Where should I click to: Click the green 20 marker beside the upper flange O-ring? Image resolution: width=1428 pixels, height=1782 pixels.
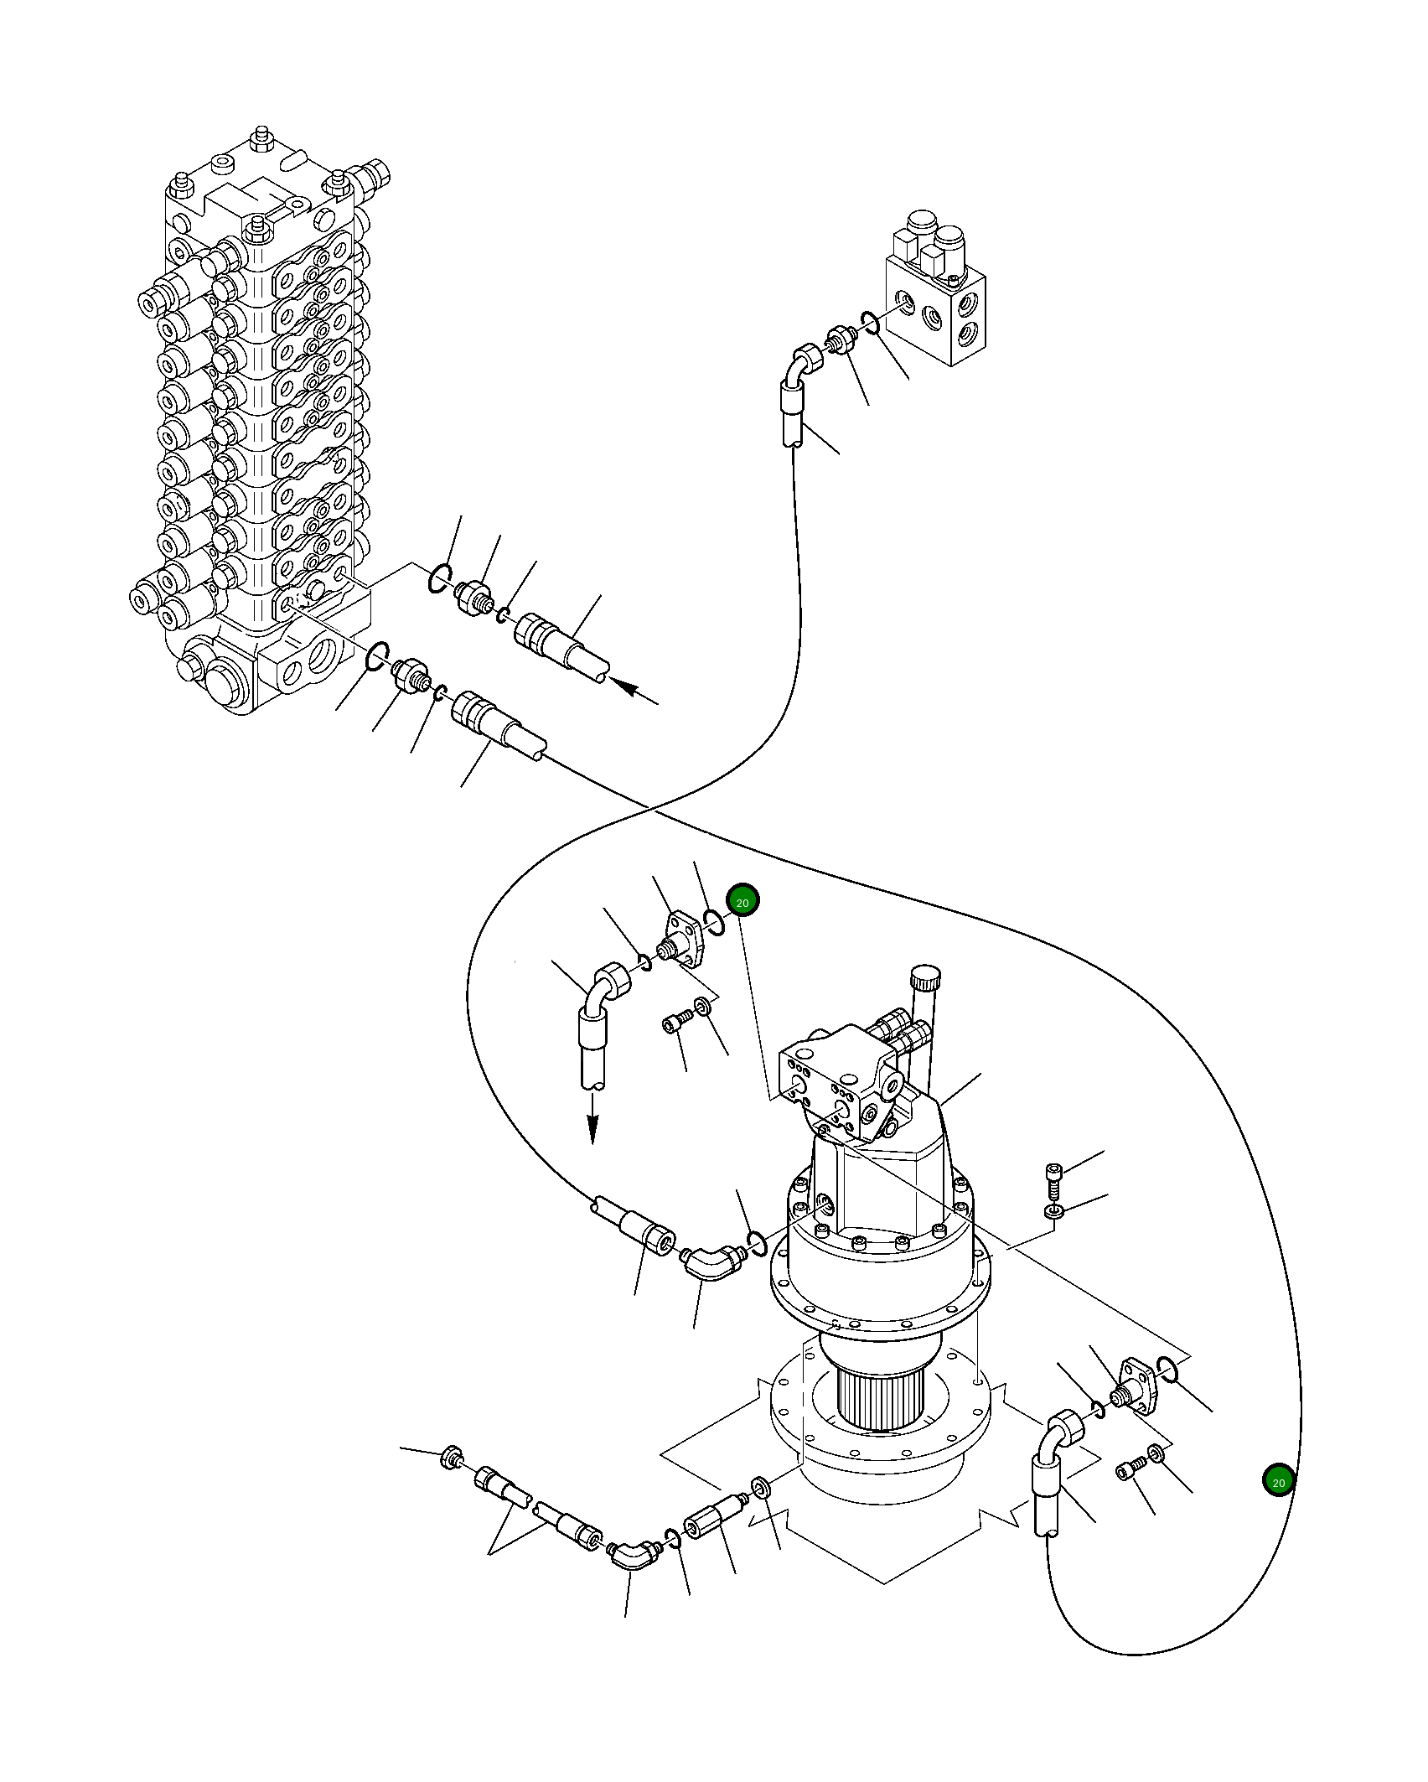coord(742,902)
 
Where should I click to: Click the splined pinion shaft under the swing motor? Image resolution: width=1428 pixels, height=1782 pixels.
coord(880,1399)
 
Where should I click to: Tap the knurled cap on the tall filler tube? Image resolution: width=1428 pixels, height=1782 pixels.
coord(925,978)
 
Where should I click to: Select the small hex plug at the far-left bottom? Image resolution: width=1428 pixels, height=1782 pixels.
coord(451,1458)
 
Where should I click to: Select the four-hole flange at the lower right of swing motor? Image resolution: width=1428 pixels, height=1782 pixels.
coord(1137,1391)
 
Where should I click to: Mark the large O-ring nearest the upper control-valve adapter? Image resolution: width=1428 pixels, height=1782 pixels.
coord(438,578)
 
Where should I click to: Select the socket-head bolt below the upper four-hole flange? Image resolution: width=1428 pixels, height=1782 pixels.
coord(675,1023)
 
